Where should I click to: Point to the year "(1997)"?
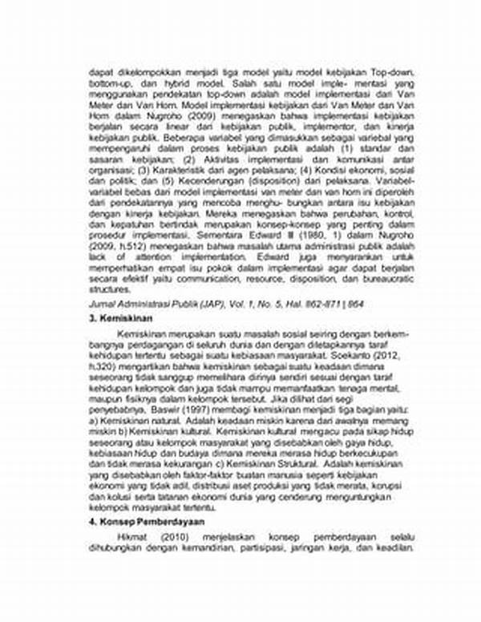[x=173, y=410]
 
